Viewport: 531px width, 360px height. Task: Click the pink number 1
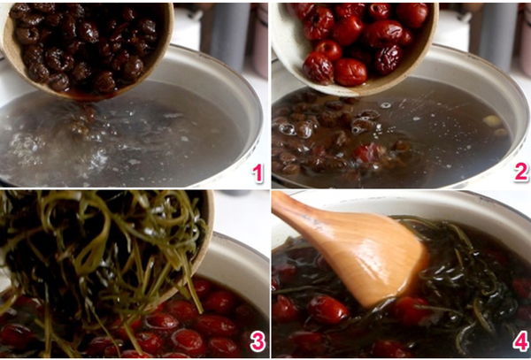(x=258, y=172)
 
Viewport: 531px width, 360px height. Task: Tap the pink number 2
(x=521, y=172)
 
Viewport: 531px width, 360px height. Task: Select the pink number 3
(x=258, y=341)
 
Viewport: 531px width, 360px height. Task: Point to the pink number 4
(x=521, y=341)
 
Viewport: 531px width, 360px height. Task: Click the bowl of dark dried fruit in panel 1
(x=87, y=49)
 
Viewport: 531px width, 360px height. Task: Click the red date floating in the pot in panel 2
(x=368, y=153)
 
